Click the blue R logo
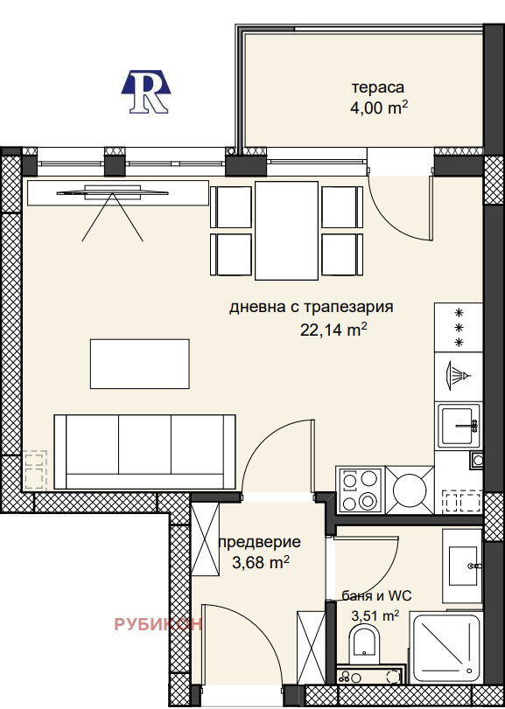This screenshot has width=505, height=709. click(x=145, y=91)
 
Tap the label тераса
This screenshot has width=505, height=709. click(x=378, y=88)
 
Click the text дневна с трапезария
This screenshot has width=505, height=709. click(x=311, y=308)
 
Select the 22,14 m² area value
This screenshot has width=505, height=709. click(x=333, y=330)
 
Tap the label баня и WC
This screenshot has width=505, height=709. click(x=375, y=596)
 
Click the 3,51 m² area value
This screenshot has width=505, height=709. click(x=375, y=615)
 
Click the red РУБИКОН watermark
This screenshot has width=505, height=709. click(x=158, y=623)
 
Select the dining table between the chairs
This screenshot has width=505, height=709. click(x=286, y=229)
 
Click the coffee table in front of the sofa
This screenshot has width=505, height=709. click(x=139, y=364)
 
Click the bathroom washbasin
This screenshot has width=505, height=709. click(x=461, y=566)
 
